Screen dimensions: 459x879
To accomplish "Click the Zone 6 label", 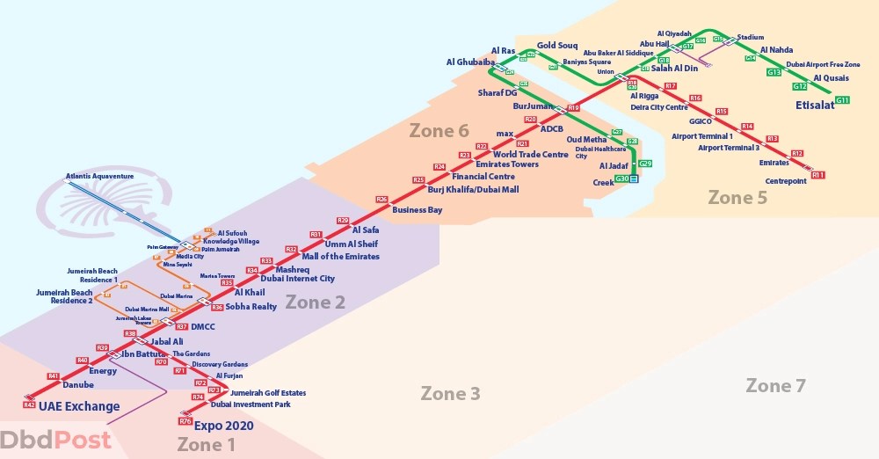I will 439,131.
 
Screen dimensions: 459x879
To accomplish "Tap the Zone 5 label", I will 737,198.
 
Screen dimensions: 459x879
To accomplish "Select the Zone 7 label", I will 775,385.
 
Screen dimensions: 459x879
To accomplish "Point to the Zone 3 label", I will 450,393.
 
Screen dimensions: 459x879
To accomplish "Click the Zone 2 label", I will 315,302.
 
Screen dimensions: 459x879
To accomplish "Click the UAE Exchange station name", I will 79,406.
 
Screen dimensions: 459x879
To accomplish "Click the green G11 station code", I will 842,100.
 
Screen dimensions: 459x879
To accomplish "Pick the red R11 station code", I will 818,175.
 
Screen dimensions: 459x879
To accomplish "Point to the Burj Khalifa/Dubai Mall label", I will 473,189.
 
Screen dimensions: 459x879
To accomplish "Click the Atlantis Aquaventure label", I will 99,176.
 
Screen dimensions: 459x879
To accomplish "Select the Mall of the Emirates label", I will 340,257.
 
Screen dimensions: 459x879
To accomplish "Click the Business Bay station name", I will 418,210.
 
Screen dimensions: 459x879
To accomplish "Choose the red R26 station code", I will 381,200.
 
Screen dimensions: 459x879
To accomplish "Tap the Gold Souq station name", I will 556,45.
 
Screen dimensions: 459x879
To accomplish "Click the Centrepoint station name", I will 786,181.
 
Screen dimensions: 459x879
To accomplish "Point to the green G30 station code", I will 621,178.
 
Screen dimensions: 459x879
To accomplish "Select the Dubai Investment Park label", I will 251,404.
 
